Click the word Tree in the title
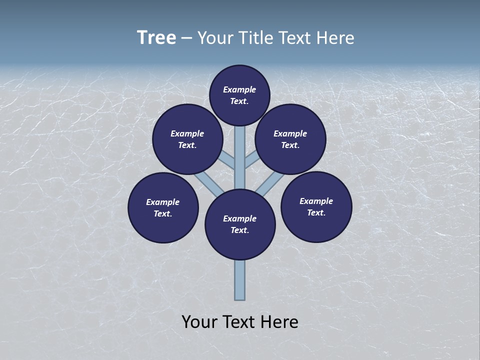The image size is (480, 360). point(156,38)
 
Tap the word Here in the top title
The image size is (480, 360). point(335,38)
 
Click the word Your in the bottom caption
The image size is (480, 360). point(199,322)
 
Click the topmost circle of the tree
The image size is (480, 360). point(239,95)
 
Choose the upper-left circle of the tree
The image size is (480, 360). point(187,139)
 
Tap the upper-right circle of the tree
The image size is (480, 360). point(290,139)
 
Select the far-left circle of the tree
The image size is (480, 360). point(163,207)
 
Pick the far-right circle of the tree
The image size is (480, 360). point(316,206)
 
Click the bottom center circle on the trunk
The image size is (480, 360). point(240,224)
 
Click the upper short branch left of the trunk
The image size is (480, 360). point(228,161)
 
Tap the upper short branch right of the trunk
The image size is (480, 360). point(251,161)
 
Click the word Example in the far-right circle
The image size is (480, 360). point(316,201)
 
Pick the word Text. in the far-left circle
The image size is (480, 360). point(162,213)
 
